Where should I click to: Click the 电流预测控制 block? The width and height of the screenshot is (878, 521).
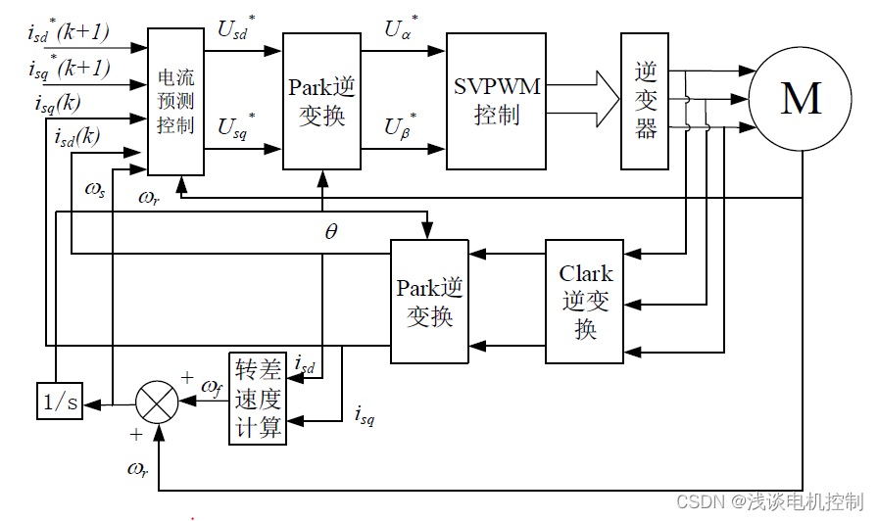[175, 101]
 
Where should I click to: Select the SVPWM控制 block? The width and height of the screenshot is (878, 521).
[496, 101]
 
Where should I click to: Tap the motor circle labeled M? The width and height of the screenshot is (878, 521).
[801, 99]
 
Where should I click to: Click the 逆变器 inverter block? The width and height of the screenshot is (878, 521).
[645, 101]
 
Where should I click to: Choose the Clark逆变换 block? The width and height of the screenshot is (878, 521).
[585, 302]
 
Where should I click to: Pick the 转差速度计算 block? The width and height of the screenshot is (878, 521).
[258, 399]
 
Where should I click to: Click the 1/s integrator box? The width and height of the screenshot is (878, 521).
[60, 401]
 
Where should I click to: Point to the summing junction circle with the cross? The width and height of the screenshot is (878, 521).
[158, 402]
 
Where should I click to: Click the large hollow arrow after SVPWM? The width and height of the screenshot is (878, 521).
[582, 99]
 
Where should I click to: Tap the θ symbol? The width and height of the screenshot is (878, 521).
[331, 231]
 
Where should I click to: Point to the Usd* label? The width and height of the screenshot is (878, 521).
[236, 27]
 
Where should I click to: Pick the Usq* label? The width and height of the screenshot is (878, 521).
[236, 126]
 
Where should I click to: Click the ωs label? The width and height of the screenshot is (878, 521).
[95, 190]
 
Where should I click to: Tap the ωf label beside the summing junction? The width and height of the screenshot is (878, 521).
[212, 387]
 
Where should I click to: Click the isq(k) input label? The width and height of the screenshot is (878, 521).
[58, 104]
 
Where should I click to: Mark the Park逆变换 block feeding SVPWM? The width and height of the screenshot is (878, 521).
[321, 101]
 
